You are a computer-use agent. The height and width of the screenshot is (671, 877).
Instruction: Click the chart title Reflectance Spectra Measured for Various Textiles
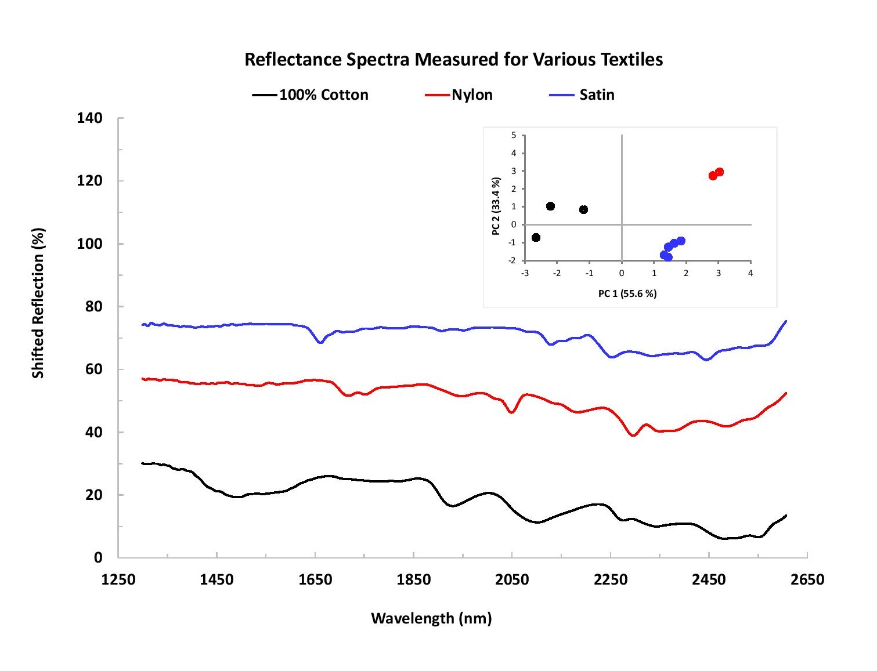click(453, 60)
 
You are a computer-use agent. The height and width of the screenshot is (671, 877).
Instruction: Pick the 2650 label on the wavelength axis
click(807, 579)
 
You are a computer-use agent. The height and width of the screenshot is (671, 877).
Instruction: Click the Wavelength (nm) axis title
click(431, 618)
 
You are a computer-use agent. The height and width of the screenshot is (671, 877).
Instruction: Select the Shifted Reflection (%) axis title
click(38, 303)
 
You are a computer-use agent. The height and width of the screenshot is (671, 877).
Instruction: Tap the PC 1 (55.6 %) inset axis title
click(627, 293)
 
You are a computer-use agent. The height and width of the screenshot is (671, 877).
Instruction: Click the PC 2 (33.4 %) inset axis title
click(496, 206)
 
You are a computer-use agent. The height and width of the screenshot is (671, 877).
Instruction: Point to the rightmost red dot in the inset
click(720, 172)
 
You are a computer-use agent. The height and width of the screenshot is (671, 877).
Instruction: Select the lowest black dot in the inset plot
click(536, 238)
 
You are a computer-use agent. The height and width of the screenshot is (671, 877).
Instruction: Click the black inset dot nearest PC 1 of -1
click(583, 210)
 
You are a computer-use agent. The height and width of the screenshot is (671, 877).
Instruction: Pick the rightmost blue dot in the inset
click(681, 241)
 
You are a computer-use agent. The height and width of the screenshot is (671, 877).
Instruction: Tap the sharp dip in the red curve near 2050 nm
click(511, 412)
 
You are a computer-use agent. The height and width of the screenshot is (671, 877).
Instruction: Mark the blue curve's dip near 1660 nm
click(320, 342)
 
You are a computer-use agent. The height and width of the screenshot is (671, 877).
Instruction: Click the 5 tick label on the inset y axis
click(513, 136)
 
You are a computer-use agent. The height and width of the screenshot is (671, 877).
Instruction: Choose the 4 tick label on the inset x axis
click(750, 273)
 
